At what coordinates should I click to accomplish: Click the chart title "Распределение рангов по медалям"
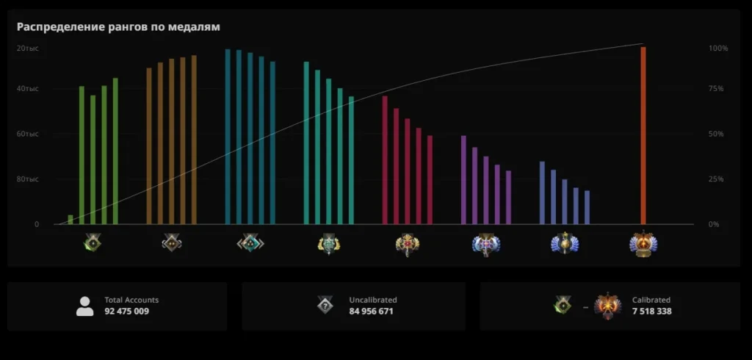[x=119, y=27]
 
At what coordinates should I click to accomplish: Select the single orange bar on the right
[x=643, y=136]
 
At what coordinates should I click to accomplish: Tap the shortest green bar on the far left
[x=70, y=220]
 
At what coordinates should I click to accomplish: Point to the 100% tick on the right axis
[x=717, y=48]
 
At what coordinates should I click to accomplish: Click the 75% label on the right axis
[x=716, y=89]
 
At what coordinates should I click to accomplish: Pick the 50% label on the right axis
[x=716, y=134]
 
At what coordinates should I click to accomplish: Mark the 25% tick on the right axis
[x=716, y=179]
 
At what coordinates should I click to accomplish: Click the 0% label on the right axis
[x=714, y=224]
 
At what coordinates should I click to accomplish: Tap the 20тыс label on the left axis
[x=28, y=48]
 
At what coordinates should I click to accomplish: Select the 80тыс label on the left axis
[x=28, y=179]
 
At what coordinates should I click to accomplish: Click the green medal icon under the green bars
[x=93, y=243]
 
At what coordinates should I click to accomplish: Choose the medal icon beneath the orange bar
[x=643, y=244]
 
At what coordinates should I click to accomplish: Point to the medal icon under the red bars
[x=407, y=244]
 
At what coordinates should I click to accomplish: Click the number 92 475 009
[x=127, y=312]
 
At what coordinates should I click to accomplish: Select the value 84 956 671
[x=372, y=312]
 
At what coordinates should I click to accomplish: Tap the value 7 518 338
[x=652, y=312]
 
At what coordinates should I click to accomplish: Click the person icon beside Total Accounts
[x=85, y=306]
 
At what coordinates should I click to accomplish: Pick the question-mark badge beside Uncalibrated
[x=325, y=306]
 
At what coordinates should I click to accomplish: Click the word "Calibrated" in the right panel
[x=651, y=300]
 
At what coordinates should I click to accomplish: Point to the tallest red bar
[x=385, y=159]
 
